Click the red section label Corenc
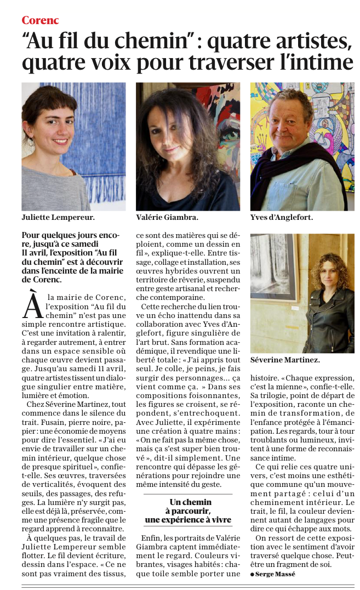tap(40, 20)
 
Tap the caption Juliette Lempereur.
tap(58, 217)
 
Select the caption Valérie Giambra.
tap(167, 217)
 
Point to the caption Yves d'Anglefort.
tap(281, 217)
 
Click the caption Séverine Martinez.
tap(285, 360)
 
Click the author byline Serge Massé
tap(274, 574)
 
